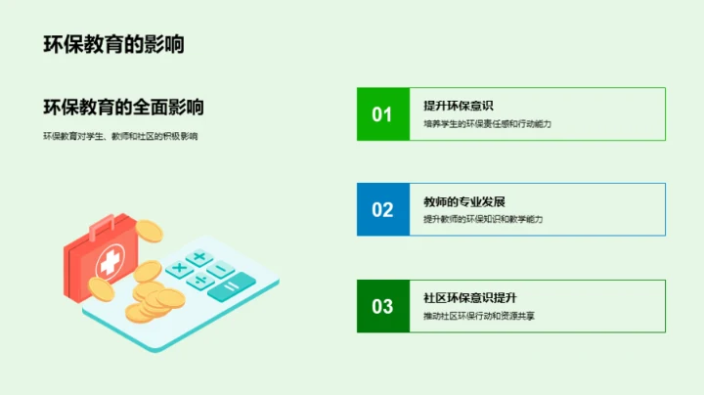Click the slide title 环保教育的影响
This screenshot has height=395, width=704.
pyautogui.click(x=113, y=44)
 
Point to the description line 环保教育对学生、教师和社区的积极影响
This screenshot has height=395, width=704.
pyautogui.click(x=120, y=136)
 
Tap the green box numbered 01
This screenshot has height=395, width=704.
pyautogui.click(x=382, y=113)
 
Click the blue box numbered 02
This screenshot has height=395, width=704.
pyautogui.click(x=382, y=209)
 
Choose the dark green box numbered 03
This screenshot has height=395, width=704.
pyautogui.click(x=382, y=306)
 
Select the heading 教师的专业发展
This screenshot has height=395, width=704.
pyautogui.click(x=464, y=200)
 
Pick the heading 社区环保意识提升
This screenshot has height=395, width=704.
pyautogui.click(x=470, y=297)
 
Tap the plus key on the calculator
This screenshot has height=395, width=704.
pyautogui.click(x=199, y=257)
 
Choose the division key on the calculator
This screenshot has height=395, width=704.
pyautogui.click(x=200, y=281)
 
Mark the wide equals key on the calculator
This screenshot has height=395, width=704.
pyautogui.click(x=232, y=286)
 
